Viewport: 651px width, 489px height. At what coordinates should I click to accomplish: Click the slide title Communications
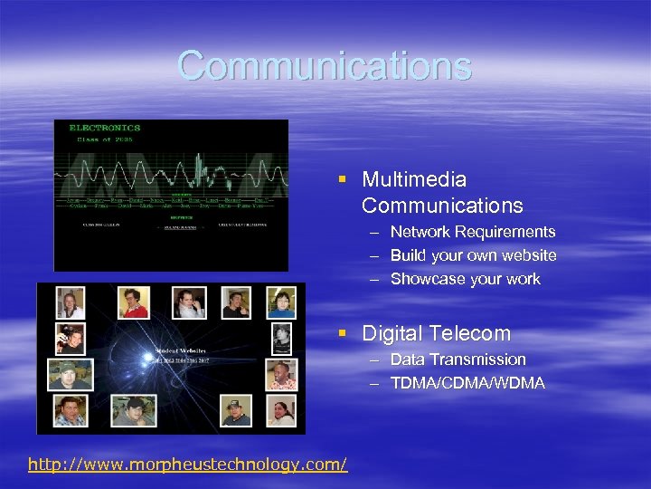point(325,66)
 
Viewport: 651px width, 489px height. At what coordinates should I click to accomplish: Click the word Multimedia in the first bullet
point(414,180)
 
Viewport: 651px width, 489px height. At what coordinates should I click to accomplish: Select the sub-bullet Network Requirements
point(473,233)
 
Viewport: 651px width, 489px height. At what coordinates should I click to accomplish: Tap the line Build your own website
point(473,256)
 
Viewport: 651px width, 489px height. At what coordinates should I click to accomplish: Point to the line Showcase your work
point(465,280)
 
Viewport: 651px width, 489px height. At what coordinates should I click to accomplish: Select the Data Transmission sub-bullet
point(458,360)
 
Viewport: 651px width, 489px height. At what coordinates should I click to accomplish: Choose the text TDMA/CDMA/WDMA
point(467,383)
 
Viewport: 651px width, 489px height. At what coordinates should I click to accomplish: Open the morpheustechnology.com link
point(187,465)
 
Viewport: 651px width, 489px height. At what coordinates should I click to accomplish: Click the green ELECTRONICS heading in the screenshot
point(105,128)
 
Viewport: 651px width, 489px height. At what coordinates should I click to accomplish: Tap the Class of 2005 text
point(99,139)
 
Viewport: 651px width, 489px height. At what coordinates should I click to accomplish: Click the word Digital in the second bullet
point(392,333)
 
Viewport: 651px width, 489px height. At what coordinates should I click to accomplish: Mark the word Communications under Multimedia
point(442,206)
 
